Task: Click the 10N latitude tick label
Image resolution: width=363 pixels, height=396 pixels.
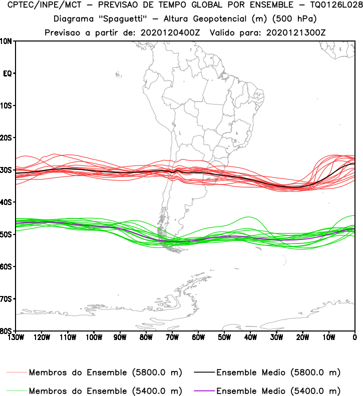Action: (x=7, y=41)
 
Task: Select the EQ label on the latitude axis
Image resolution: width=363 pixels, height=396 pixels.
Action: (x=8, y=73)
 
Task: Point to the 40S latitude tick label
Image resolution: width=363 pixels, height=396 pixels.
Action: (x=7, y=202)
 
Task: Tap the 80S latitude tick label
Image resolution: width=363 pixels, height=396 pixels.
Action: (x=7, y=331)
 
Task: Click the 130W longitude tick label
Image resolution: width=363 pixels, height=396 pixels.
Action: (x=16, y=337)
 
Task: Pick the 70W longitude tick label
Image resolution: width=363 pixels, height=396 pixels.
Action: (x=172, y=337)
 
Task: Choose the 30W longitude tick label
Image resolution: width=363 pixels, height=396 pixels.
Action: (x=276, y=337)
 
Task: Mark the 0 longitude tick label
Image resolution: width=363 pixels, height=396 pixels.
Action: (x=354, y=337)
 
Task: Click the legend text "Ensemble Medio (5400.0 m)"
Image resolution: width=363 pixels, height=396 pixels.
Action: (x=278, y=390)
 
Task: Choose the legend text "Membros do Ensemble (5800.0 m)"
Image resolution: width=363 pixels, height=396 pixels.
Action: (x=105, y=373)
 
